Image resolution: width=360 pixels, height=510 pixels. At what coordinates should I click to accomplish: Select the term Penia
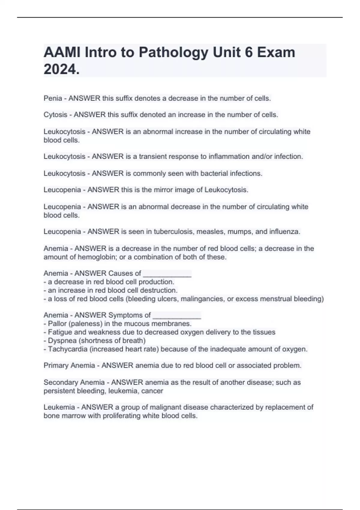[53, 98]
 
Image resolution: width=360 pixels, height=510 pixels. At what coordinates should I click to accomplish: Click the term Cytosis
[55, 115]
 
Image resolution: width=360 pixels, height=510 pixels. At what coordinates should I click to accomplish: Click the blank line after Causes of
[167, 274]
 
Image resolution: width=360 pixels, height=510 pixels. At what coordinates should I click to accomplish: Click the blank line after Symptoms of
[177, 315]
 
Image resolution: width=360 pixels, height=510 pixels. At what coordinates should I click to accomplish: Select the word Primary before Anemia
[56, 366]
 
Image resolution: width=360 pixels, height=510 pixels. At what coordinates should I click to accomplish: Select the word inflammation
[229, 157]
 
